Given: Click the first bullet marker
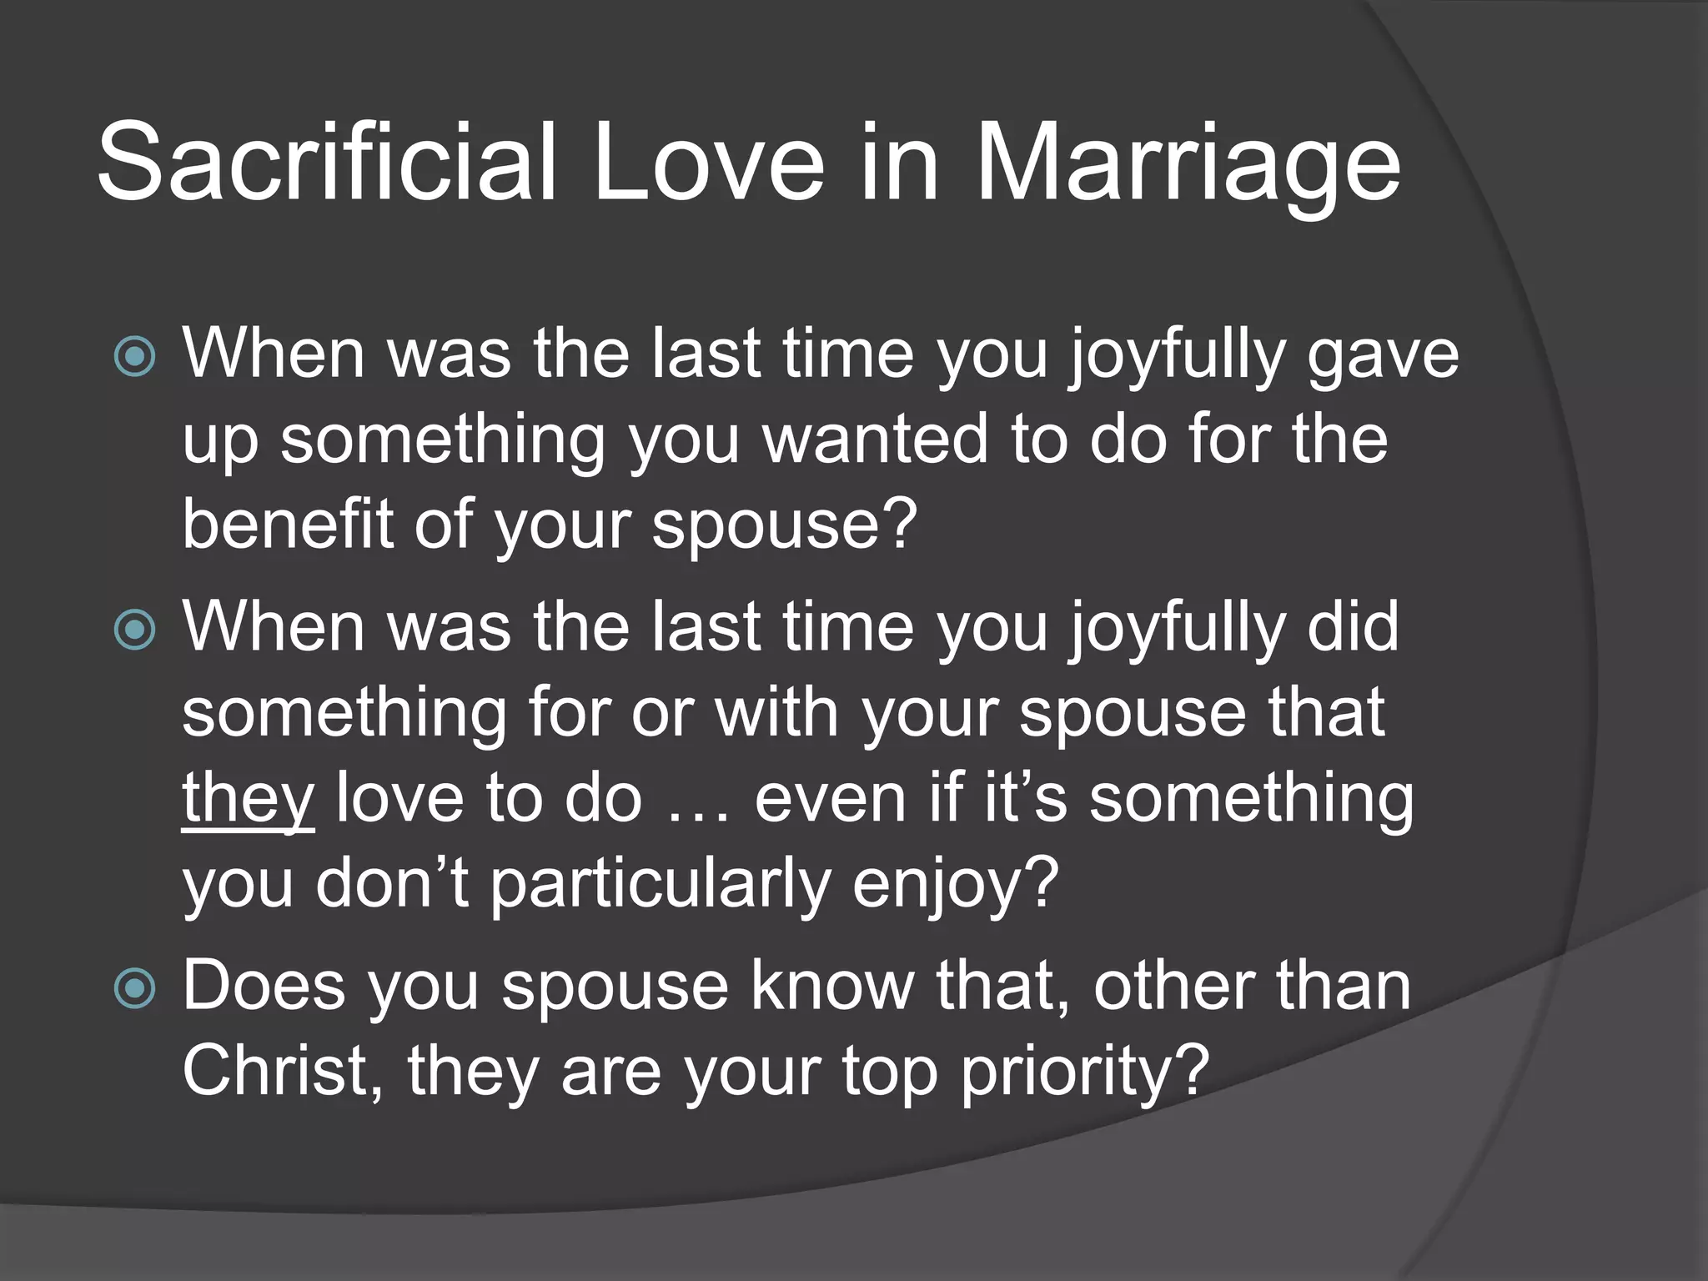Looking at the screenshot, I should point(134,357).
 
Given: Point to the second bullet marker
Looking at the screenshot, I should point(134,629).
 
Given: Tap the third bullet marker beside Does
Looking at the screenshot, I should point(134,989).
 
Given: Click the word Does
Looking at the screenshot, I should point(264,987).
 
